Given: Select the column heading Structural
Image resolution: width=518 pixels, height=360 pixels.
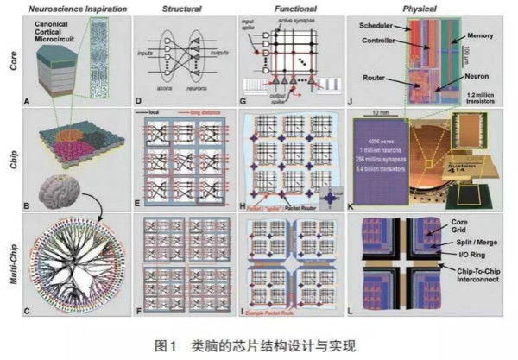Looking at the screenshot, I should click(x=185, y=9).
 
